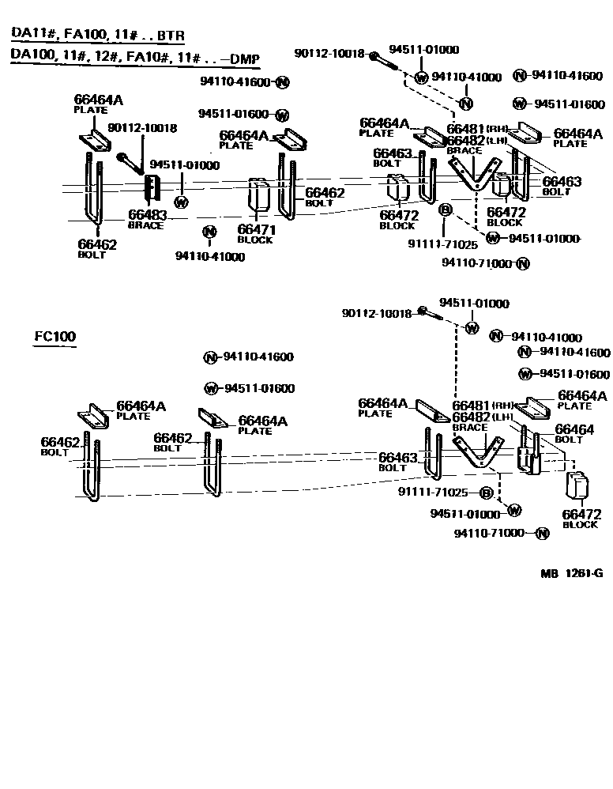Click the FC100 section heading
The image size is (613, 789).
tap(55, 336)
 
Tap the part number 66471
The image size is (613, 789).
tap(254, 229)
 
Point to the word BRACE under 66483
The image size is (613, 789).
tap(145, 225)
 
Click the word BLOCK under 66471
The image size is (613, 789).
tap(254, 240)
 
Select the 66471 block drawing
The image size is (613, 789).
tap(258, 196)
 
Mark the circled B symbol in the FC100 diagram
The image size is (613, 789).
tap(486, 493)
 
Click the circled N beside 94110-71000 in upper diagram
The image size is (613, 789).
tap(522, 263)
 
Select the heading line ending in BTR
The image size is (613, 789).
tap(97, 35)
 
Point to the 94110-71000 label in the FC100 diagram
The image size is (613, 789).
tap(490, 533)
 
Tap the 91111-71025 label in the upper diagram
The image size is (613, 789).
tap(442, 245)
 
